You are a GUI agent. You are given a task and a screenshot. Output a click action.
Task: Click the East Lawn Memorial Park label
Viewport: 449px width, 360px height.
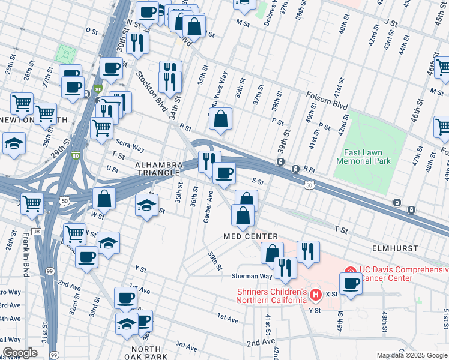click(x=363, y=157)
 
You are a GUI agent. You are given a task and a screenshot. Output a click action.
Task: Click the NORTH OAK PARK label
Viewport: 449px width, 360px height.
click(x=146, y=353)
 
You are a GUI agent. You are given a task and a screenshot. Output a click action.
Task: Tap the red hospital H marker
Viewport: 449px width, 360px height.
click(x=316, y=295)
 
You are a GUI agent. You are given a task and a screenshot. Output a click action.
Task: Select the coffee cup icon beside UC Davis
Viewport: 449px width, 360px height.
click(x=351, y=283)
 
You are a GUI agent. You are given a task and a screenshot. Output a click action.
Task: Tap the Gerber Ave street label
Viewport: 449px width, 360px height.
click(x=208, y=208)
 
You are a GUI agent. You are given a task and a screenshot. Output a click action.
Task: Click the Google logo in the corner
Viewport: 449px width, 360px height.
click(x=20, y=353)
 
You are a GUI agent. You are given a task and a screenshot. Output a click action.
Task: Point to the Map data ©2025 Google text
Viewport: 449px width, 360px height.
click(x=412, y=355)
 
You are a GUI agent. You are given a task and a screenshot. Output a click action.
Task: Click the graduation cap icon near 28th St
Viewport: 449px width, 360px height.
click(x=13, y=144)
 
